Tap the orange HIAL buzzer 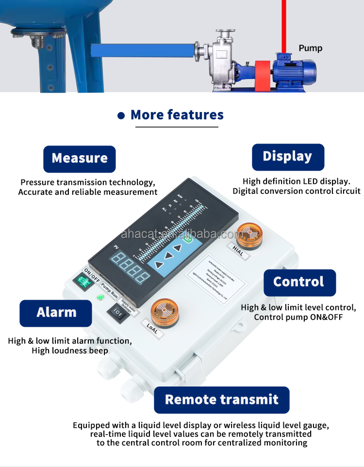249,234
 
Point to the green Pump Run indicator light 100,297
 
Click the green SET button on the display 187,240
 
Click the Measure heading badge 80,159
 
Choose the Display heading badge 287,157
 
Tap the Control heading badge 299,282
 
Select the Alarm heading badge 56,313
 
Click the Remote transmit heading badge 222,400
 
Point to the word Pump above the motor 310,48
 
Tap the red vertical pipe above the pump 284,24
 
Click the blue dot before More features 121,115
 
